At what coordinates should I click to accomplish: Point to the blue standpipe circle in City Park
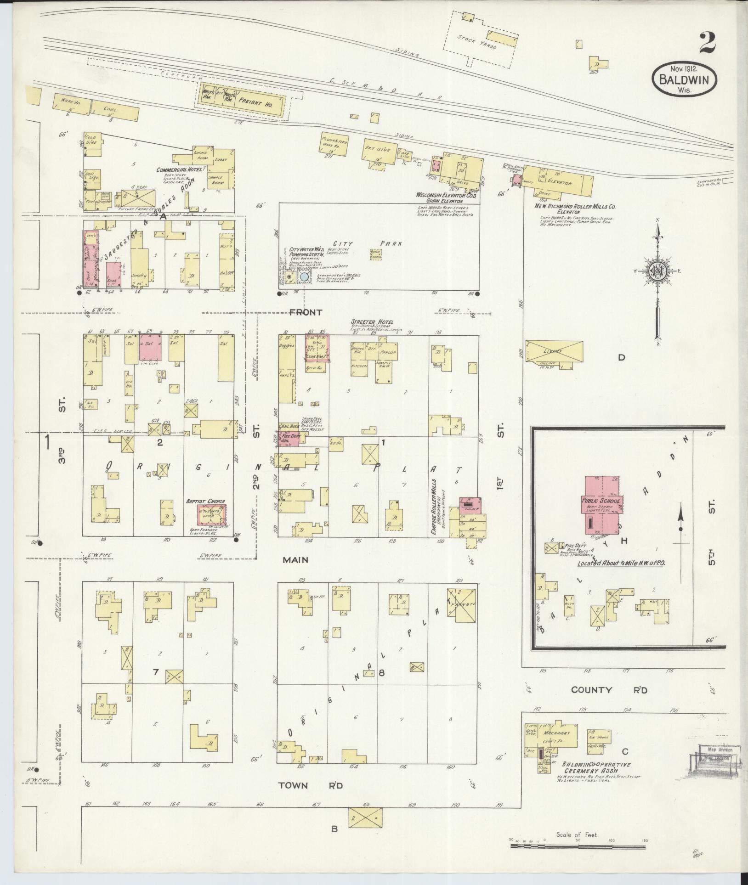pos(304,277)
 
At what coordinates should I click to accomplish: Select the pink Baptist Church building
pos(212,514)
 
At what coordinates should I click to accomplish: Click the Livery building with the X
pos(554,351)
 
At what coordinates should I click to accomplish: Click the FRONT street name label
pos(306,312)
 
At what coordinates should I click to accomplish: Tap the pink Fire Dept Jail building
pos(289,438)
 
